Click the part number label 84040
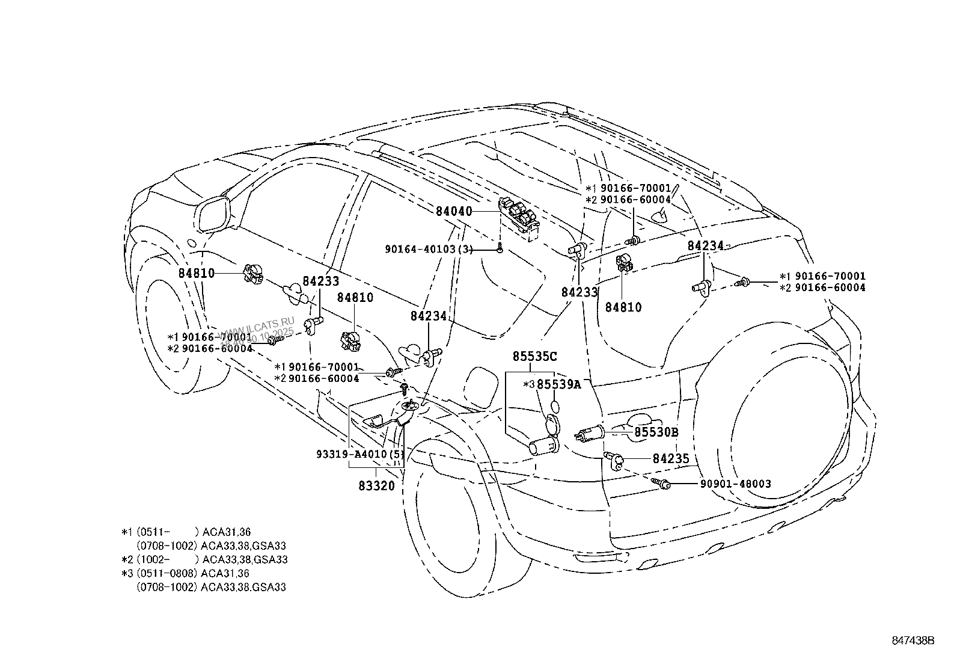pyautogui.click(x=454, y=211)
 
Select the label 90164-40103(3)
pyautogui.click(x=428, y=249)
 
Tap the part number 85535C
pyautogui.click(x=534, y=356)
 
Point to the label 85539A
pyautogui.click(x=558, y=384)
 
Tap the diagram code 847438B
pyautogui.click(x=913, y=641)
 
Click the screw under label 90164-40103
pyautogui.click(x=500, y=248)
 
